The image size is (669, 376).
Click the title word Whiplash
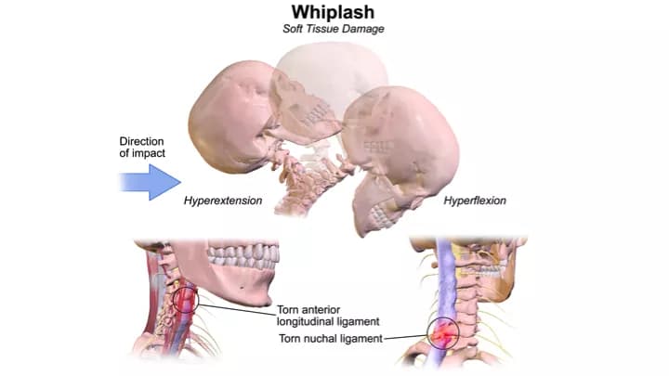coord(334,12)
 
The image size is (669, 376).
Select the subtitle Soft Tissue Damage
coord(334,29)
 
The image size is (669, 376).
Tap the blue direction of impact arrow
coord(149,182)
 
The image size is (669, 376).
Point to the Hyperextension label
coord(222,201)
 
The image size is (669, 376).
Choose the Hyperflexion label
coord(475,201)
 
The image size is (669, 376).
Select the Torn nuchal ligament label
coord(331,338)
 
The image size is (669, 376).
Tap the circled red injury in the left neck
coord(185,299)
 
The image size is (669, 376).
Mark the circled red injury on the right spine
coord(444,331)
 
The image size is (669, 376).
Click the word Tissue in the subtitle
coord(333,29)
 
